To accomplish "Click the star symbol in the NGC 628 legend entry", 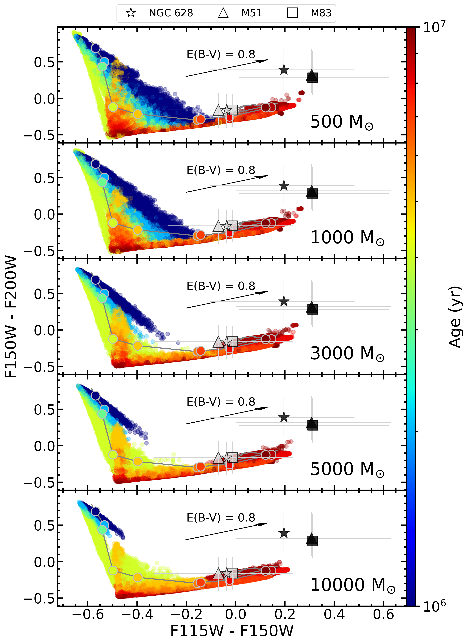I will tap(131, 13).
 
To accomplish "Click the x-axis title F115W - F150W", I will tap(232, 631).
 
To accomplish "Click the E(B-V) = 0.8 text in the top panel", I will tap(221, 54).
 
